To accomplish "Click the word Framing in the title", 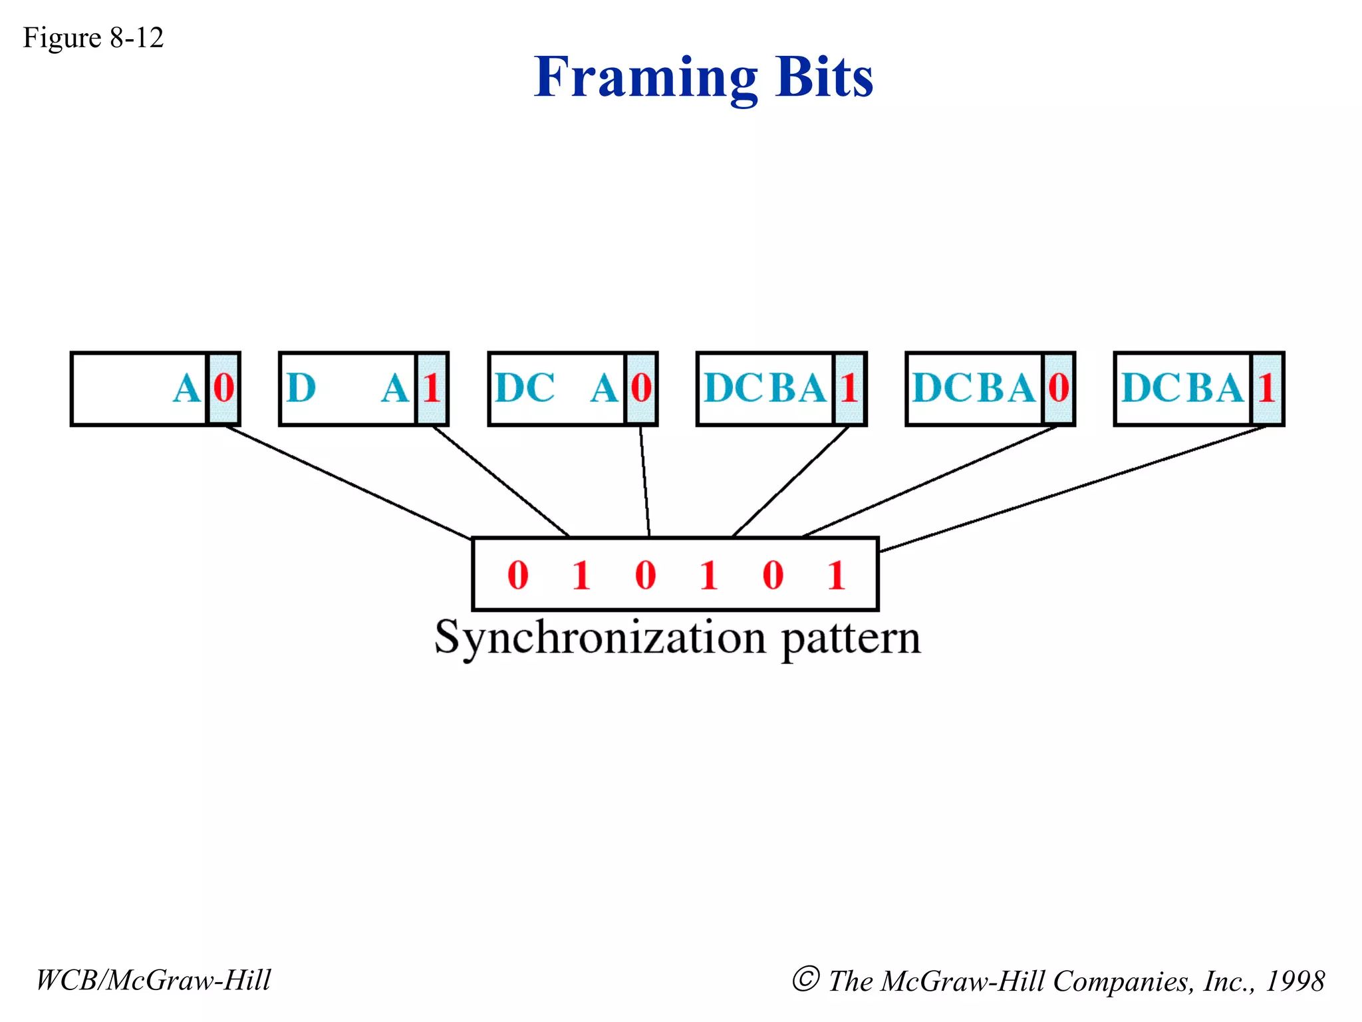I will (645, 78).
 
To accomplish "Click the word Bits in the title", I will (823, 78).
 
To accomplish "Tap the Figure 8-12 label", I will (93, 38).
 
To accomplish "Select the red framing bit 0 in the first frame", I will (224, 388).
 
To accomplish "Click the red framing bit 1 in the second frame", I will (432, 388).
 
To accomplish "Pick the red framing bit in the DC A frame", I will (641, 388).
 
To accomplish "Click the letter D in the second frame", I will (301, 388).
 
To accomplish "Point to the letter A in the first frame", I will (186, 388).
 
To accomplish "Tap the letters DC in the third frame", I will (525, 388).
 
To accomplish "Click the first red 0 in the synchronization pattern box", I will (518, 575).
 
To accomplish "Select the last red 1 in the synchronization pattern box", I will (836, 575).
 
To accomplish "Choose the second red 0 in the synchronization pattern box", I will (645, 575).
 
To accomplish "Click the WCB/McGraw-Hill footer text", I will (153, 980).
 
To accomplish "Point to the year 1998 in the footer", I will (1294, 981).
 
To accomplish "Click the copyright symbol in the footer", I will (805, 979).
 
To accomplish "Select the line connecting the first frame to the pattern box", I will (346, 481).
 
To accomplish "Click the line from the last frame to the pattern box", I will (1071, 489).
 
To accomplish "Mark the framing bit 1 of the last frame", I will (1267, 388).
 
